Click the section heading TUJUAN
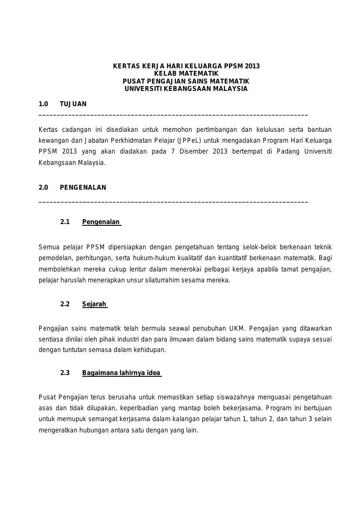click(73, 104)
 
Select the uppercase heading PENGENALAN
click(83, 188)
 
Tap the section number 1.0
click(43, 104)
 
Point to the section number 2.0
click(43, 188)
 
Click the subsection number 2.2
click(65, 304)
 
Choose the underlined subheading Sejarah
click(94, 304)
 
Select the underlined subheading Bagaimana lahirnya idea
click(121, 373)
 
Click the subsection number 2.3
click(65, 373)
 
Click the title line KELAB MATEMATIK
click(186, 74)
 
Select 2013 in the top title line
click(252, 66)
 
